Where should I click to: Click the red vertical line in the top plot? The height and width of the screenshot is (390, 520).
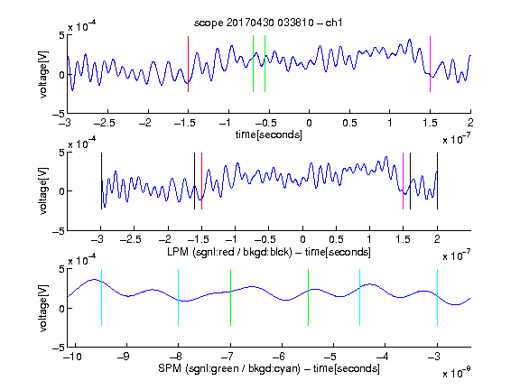pos(188,64)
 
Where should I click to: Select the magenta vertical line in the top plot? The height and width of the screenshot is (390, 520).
pos(430,64)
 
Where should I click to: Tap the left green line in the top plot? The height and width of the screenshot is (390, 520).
pos(253,64)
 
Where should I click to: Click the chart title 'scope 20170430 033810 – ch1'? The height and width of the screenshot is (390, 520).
pos(268,23)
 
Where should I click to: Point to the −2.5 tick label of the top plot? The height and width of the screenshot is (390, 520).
pos(105,123)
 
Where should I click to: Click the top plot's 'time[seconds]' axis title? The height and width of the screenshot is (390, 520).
pos(269,135)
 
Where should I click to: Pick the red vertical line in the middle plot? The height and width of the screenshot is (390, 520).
pos(201,181)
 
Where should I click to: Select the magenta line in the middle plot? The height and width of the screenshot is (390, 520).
pos(403,181)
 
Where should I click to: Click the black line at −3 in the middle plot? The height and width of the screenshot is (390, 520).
pos(101,181)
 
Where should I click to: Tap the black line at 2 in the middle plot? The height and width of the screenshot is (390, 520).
pos(437,181)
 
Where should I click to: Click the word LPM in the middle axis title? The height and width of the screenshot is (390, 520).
pos(178,252)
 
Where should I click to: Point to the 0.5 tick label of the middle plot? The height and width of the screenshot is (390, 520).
pos(336,239)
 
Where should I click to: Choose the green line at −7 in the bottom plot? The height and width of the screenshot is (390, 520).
pos(230,298)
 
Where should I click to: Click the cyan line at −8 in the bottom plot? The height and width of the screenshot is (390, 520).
pos(178,298)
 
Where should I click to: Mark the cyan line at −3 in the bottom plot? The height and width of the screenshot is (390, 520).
pos(437,298)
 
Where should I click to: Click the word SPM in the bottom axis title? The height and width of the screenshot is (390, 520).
pos(170,368)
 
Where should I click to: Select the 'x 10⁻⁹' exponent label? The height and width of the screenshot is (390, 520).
pos(457,372)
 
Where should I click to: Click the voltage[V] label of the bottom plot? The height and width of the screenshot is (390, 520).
pos(43,308)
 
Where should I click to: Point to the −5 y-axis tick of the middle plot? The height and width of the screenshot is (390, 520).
pos(58,231)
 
